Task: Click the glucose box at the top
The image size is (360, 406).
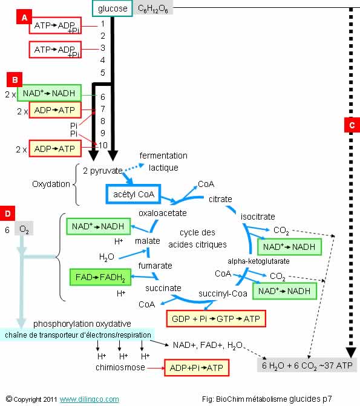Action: click(x=113, y=8)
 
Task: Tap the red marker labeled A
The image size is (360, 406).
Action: click(x=24, y=17)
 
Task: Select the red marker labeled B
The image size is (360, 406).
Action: click(x=15, y=79)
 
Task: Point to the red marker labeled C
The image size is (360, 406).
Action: click(x=352, y=125)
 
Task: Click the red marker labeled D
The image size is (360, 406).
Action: click(x=7, y=214)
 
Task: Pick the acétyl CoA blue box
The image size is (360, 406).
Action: click(x=133, y=194)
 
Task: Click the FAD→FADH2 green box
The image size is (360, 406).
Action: click(x=100, y=277)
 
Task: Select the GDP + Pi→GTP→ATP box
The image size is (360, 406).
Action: click(x=216, y=318)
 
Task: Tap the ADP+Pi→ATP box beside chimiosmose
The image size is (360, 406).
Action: click(x=197, y=368)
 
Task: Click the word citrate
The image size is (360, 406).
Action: click(x=220, y=199)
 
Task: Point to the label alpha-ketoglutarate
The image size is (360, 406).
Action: click(x=258, y=261)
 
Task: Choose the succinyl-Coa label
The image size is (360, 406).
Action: click(x=223, y=293)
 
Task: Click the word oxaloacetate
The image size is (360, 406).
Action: click(x=163, y=213)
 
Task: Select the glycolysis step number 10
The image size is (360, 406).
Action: click(x=103, y=145)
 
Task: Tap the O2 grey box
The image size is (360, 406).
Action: click(x=24, y=229)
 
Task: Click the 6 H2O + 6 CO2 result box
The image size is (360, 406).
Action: click(x=307, y=365)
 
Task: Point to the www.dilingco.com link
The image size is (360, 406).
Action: click(x=90, y=399)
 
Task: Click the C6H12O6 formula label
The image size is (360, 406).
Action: click(x=153, y=8)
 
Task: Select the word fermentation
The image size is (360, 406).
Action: click(x=163, y=156)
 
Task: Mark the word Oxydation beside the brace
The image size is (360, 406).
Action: click(x=51, y=184)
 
